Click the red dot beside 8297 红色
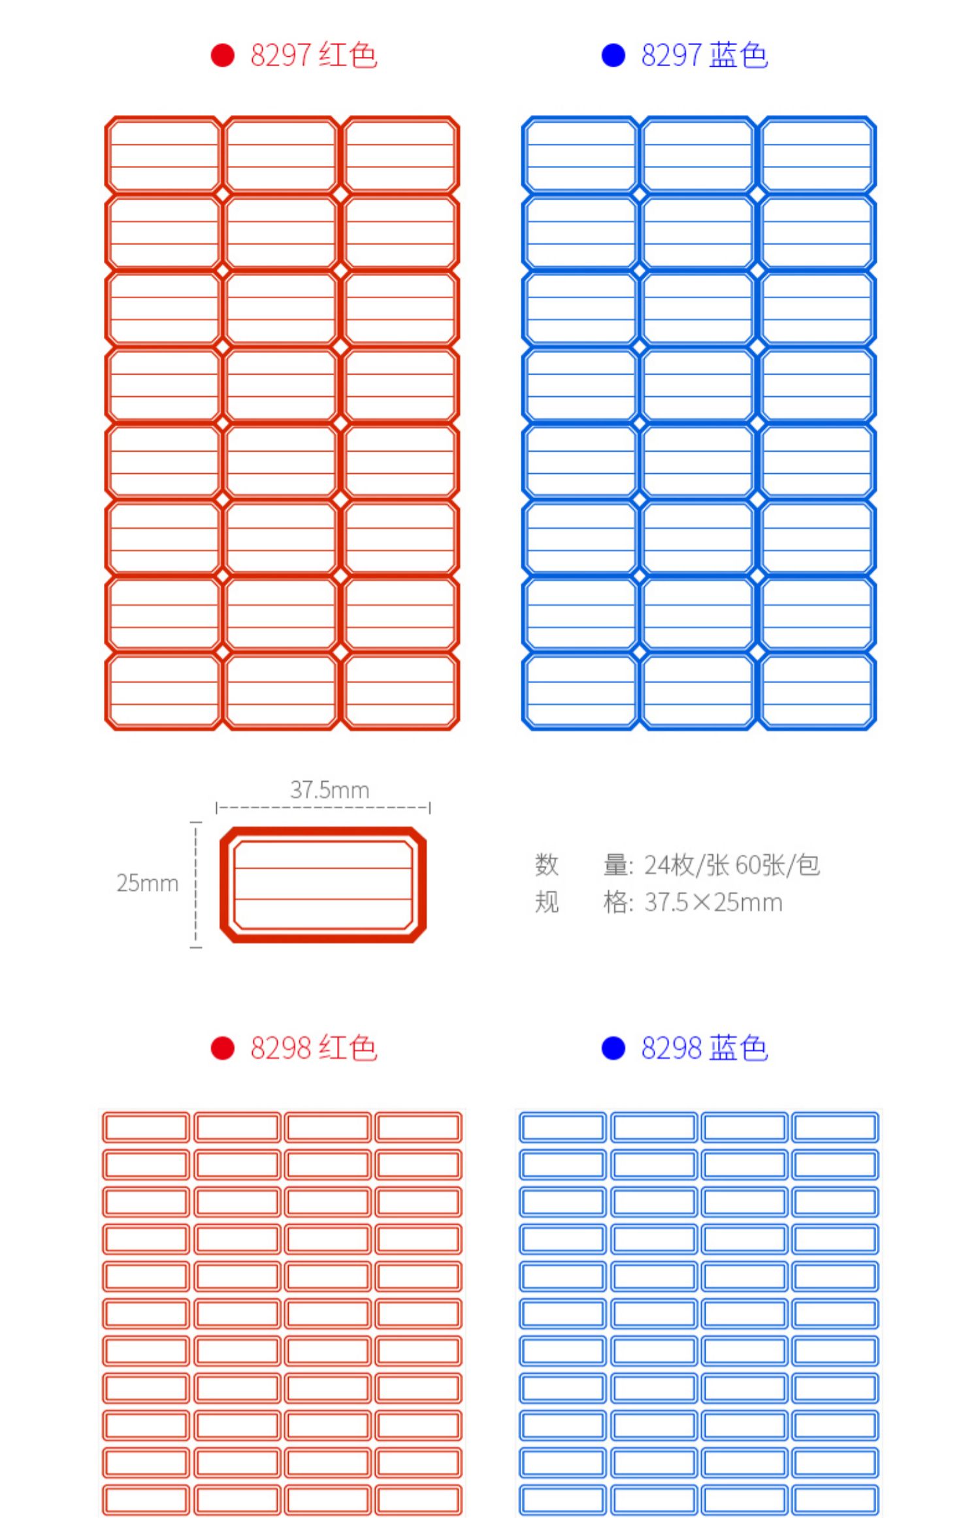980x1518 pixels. coord(222,55)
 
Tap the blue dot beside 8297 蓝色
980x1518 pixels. coord(613,55)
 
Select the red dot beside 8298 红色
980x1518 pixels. coord(222,1048)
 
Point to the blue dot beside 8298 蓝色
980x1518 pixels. coord(613,1048)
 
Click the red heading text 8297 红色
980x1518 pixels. coord(314,55)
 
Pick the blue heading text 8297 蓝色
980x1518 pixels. coord(704,55)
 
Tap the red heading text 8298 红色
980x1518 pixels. coord(314,1048)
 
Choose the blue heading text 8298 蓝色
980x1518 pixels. coord(704,1048)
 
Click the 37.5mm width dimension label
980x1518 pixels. coord(330,790)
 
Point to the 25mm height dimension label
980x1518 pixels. coord(148,883)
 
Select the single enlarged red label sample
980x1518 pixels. coord(323,885)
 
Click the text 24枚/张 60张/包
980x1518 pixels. coord(732,865)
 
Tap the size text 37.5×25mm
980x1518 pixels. coord(713,903)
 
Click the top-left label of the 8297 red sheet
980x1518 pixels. coord(163,156)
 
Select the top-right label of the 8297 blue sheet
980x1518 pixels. coord(817,156)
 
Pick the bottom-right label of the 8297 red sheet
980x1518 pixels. coord(400,692)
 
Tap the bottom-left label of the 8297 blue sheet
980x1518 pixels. coord(580,692)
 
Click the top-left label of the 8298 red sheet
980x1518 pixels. coord(146,1127)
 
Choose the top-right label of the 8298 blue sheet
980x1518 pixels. coord(835,1127)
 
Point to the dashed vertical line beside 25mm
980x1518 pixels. coord(195,885)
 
